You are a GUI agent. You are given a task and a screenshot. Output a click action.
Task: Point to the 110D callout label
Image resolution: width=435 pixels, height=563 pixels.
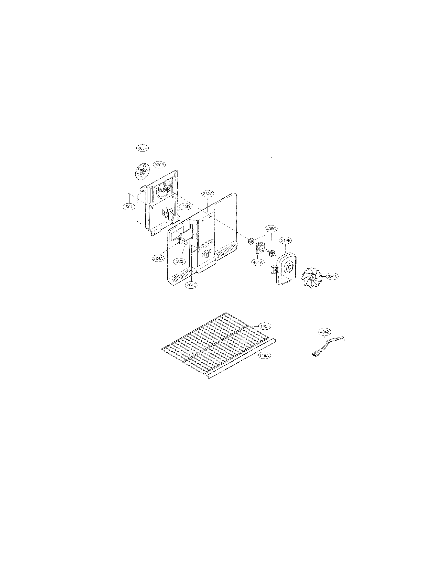[185, 207]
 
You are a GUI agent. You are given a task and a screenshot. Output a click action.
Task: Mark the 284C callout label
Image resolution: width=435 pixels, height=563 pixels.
[191, 285]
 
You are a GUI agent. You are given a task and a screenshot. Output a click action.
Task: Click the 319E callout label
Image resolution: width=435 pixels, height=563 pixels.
[286, 241]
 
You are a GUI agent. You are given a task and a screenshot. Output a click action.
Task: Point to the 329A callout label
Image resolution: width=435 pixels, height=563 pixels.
[332, 277]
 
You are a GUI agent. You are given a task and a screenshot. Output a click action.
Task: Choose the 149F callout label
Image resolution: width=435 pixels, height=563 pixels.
[265, 326]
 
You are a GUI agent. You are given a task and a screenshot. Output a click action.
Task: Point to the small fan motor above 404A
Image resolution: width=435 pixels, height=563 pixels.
[258, 248]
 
